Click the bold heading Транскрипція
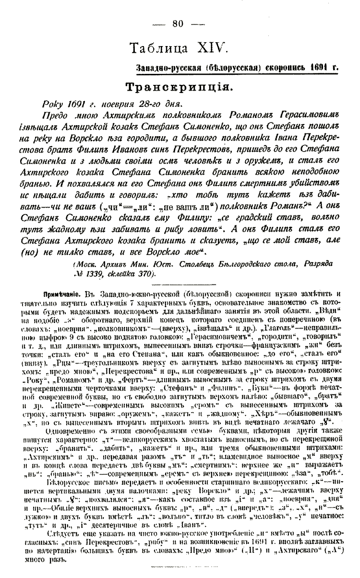(x=180, y=87)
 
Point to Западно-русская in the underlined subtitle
(x=166, y=67)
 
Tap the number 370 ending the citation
(x=147, y=274)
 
